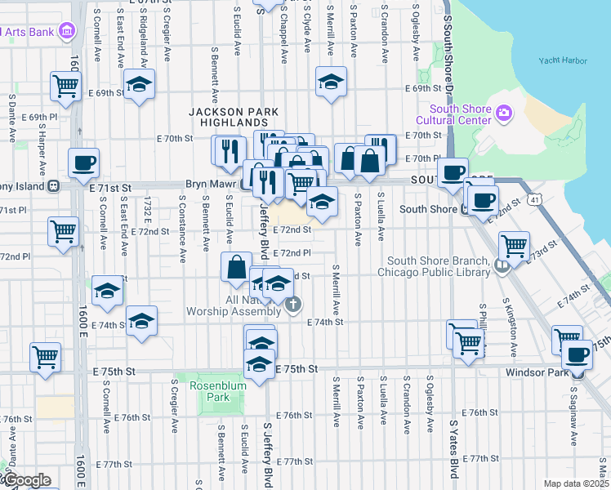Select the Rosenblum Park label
[211, 391]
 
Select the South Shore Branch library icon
[502, 265]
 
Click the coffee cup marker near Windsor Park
[578, 354]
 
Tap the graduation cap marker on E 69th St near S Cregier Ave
[140, 83]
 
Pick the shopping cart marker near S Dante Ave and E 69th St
[65, 85]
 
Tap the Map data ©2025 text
[577, 483]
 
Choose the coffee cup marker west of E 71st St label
[83, 163]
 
